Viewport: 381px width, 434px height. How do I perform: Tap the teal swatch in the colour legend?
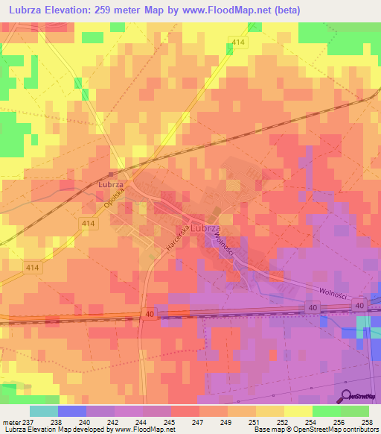tap(43, 410)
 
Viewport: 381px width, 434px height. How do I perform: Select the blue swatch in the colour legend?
tap(71, 410)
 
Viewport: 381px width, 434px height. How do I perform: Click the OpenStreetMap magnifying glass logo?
tap(345, 395)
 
